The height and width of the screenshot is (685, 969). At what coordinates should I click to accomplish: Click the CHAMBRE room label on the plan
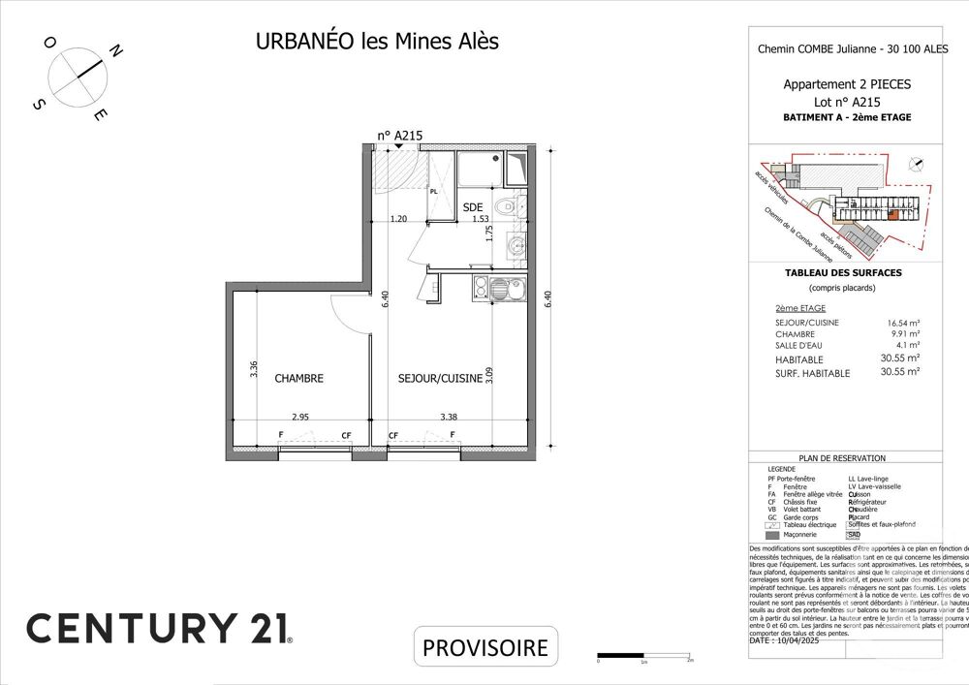tap(298, 378)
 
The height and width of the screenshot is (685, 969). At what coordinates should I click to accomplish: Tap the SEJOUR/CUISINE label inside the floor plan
tap(440, 378)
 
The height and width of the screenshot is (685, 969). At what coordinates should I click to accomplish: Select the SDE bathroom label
tap(472, 207)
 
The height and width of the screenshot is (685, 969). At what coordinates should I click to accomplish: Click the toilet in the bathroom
tap(504, 207)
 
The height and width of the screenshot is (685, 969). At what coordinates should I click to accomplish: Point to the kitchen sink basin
tap(500, 287)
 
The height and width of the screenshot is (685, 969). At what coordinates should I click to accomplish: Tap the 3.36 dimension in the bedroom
tap(254, 369)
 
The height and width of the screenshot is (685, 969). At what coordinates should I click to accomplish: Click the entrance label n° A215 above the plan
tap(400, 137)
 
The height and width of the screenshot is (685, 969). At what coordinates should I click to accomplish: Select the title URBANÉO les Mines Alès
tap(377, 42)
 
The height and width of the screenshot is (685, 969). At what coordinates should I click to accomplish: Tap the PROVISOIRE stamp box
tap(486, 646)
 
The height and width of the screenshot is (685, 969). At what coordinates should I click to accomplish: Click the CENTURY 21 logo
tap(158, 627)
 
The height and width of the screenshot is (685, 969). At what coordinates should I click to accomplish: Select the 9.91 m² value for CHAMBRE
tap(905, 333)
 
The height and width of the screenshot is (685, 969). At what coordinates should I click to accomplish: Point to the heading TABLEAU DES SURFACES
tap(842, 273)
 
